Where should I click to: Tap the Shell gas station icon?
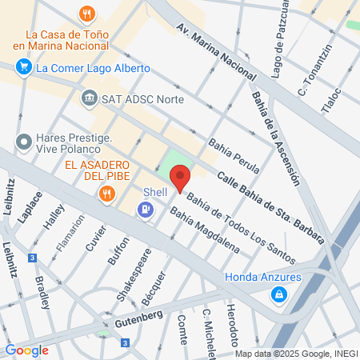pos(145,210)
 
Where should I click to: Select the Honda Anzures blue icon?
pos(278,295)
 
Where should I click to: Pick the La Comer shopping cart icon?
pos(22,68)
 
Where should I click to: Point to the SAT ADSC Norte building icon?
pos(89,100)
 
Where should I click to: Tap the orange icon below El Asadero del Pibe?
pos(106,193)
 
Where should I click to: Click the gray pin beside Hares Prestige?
pos(22,142)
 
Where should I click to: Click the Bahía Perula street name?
pos(230,156)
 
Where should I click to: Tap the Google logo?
pos(26,350)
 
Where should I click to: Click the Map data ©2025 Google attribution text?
pos(297,354)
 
